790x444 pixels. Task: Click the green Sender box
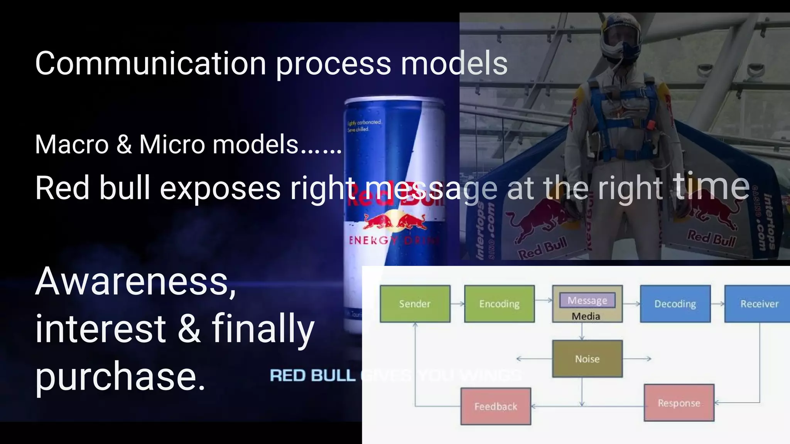pyautogui.click(x=415, y=304)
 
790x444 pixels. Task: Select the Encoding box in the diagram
pyautogui.click(x=499, y=304)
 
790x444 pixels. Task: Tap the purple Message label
pyautogui.click(x=587, y=300)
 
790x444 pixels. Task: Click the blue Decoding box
pyautogui.click(x=675, y=304)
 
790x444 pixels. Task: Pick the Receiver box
pyautogui.click(x=758, y=304)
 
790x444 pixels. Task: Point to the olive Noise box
pyautogui.click(x=587, y=358)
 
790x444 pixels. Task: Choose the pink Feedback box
pyautogui.click(x=496, y=406)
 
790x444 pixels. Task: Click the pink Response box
pyautogui.click(x=679, y=403)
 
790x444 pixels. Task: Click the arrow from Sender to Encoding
pyautogui.click(x=457, y=304)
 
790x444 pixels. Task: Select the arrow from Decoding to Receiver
pyautogui.click(x=717, y=304)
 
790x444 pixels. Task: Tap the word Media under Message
pyautogui.click(x=586, y=316)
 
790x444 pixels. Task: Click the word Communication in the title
pyautogui.click(x=150, y=64)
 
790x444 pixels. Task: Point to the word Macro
pyautogui.click(x=72, y=145)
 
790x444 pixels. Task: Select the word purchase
pyautogui.click(x=120, y=376)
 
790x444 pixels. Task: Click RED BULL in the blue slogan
pyautogui.click(x=312, y=375)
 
